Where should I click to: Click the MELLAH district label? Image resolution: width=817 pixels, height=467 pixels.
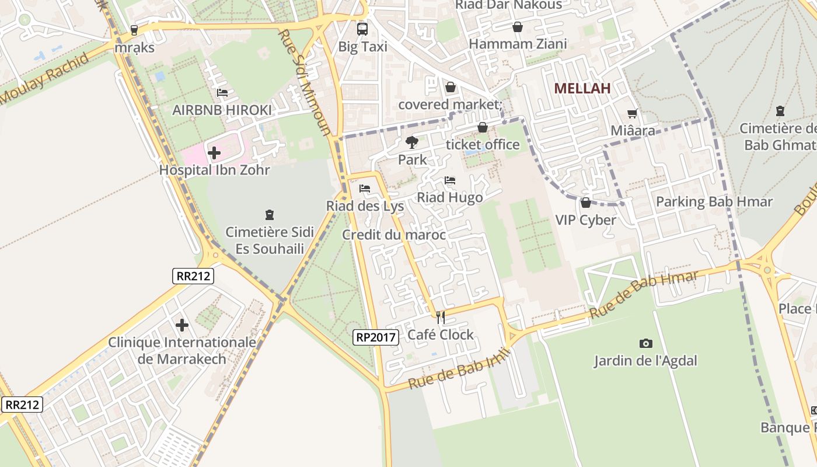click(x=582, y=89)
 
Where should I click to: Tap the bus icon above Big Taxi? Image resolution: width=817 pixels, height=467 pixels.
click(x=362, y=29)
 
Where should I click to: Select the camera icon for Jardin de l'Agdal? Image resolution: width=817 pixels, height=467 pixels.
click(x=645, y=343)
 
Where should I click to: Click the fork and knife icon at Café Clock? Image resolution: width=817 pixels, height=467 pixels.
click(x=441, y=318)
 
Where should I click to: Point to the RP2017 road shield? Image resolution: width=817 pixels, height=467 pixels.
click(x=376, y=337)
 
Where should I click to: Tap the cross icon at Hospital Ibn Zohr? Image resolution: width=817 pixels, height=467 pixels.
click(x=214, y=153)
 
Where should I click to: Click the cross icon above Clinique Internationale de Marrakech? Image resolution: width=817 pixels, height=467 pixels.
click(x=182, y=325)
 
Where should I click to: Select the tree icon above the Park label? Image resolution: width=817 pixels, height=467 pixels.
click(x=412, y=142)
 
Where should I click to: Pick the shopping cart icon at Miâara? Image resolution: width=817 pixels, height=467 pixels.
click(x=633, y=113)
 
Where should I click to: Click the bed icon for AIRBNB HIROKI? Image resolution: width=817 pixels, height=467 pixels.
click(x=222, y=92)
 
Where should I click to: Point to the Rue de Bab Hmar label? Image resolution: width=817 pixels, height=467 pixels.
click(x=644, y=295)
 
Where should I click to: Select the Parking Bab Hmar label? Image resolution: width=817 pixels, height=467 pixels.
click(x=714, y=202)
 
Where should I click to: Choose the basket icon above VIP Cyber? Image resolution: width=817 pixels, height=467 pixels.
click(x=585, y=203)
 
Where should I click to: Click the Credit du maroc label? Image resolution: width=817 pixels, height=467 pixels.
click(x=394, y=235)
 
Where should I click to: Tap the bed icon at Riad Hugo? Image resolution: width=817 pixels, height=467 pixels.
click(x=449, y=180)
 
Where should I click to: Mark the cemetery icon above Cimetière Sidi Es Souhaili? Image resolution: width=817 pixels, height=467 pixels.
click(x=270, y=215)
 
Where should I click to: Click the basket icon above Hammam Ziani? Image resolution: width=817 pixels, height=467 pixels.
click(x=517, y=27)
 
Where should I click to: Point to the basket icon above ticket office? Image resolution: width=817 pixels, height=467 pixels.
click(x=483, y=127)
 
